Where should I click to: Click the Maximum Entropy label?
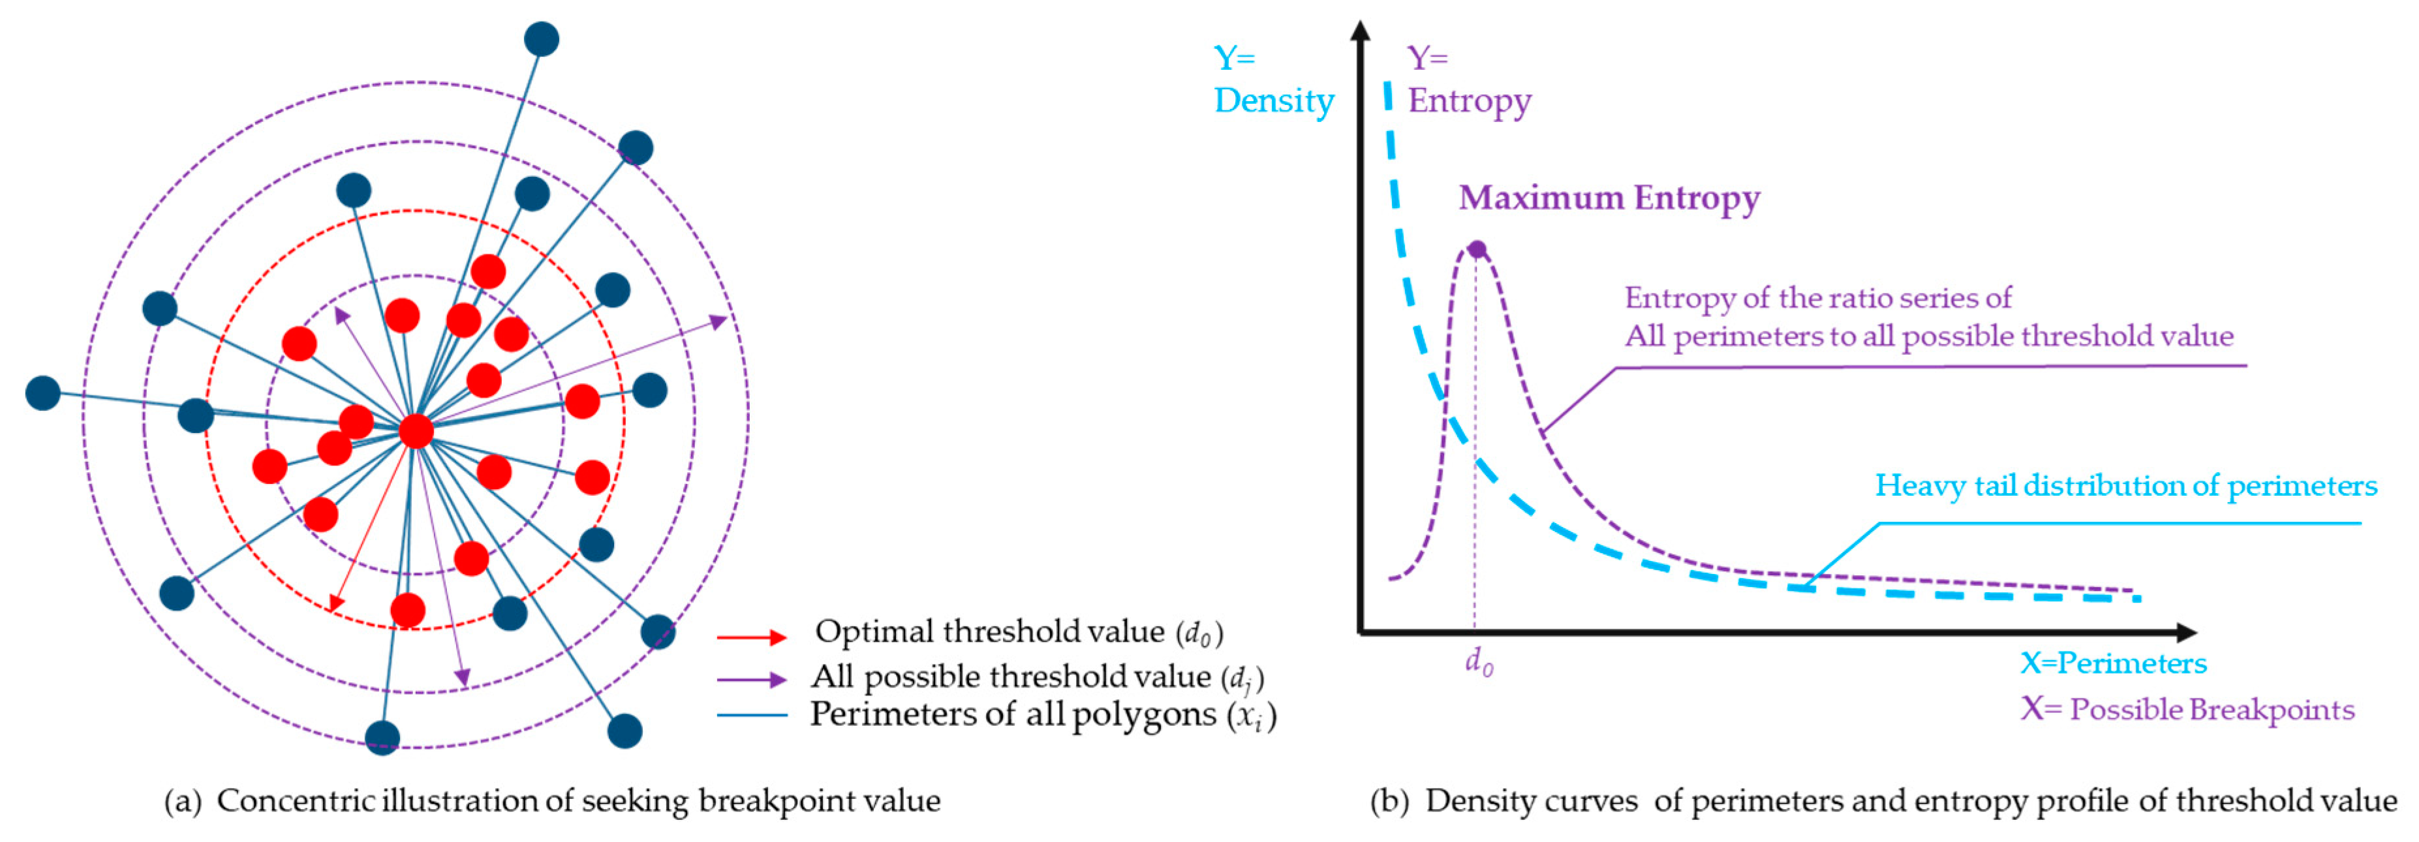1609,198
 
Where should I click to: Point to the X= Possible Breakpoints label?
2187,710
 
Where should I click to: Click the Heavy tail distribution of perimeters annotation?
2125,485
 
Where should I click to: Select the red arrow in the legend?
751,637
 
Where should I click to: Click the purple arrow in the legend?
751,679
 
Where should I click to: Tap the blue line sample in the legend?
751,715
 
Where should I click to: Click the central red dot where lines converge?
416,431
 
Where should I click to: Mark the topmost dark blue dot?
541,39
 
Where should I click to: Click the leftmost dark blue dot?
42,393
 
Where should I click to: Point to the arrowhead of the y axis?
1360,30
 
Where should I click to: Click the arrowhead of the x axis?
2186,632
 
